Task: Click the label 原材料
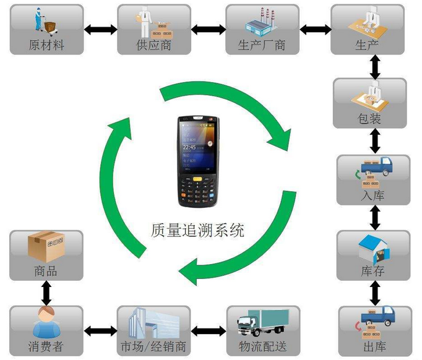click(46, 45)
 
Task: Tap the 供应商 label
click(153, 45)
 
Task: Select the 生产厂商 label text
click(262, 45)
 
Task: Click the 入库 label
click(372, 196)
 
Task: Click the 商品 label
click(46, 271)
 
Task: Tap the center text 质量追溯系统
click(197, 231)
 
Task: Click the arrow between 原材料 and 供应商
click(100, 28)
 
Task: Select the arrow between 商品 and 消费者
click(46, 291)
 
